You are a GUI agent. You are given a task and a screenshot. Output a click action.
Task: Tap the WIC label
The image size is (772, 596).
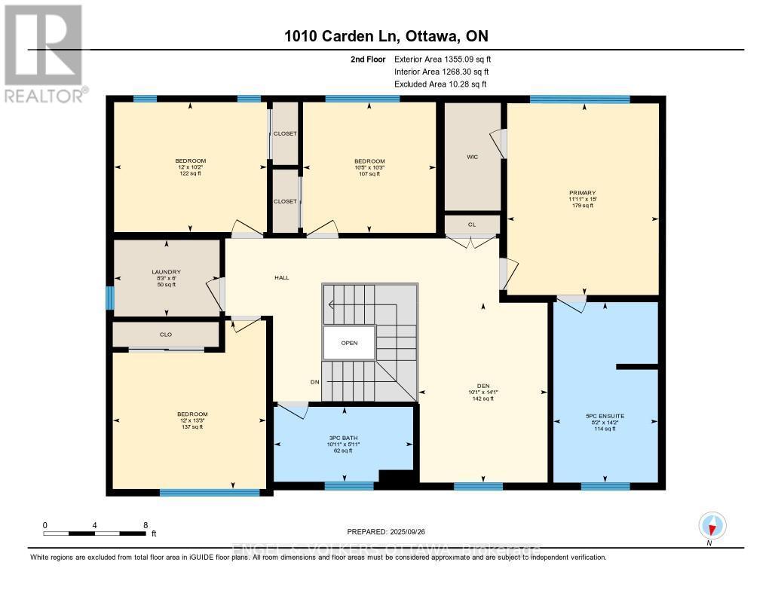click(x=473, y=157)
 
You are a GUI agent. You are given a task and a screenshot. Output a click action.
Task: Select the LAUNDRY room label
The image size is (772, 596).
click(x=166, y=272)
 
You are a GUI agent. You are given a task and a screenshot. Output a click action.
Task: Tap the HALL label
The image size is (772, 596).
click(x=281, y=277)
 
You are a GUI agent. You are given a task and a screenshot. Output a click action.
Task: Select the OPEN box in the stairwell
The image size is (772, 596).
click(x=348, y=342)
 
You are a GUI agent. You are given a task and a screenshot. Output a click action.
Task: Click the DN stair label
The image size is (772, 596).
click(x=315, y=381)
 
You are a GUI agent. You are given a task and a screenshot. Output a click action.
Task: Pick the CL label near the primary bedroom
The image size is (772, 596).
click(x=471, y=225)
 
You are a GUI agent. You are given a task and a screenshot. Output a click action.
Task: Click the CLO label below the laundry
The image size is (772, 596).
click(x=166, y=335)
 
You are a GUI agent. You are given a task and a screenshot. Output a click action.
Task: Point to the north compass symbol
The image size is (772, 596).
click(x=711, y=525)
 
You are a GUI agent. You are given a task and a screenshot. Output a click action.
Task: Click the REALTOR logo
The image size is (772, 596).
click(x=43, y=53)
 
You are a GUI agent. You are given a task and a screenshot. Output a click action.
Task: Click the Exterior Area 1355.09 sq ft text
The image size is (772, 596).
click(x=443, y=59)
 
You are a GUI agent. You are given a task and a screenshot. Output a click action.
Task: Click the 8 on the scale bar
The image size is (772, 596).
click(x=145, y=524)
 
